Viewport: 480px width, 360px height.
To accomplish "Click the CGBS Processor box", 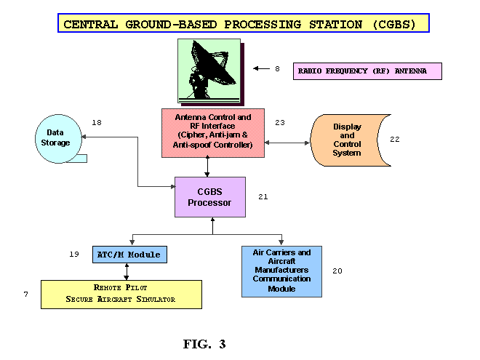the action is [x=210, y=197].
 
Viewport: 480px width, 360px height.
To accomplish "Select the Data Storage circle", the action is [x=58, y=139].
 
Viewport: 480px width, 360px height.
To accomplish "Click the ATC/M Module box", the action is [x=129, y=255].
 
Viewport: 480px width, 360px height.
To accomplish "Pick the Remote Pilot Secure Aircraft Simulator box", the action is [x=121, y=295].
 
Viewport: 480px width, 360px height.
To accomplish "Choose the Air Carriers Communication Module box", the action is [x=281, y=271].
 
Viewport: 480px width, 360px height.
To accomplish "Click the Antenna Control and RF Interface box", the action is [x=213, y=133].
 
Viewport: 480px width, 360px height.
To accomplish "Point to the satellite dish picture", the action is [x=211, y=72].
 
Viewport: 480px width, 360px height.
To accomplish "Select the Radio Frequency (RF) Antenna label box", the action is [x=367, y=71].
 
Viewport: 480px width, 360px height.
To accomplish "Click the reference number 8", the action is [x=277, y=68].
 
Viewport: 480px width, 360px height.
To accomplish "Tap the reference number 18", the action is [x=97, y=122].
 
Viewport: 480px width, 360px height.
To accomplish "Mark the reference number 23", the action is [x=280, y=122].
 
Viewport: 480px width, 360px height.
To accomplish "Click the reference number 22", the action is [x=395, y=140].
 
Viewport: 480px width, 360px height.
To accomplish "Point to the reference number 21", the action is [x=263, y=196].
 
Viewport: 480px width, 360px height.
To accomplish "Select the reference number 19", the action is [x=74, y=254].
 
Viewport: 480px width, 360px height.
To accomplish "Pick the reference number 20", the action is [x=337, y=271].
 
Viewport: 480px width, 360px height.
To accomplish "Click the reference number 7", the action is [x=25, y=295].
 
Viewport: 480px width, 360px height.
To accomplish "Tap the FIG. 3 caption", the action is [x=204, y=344].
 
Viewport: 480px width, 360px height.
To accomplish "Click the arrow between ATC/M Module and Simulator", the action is [x=127, y=271].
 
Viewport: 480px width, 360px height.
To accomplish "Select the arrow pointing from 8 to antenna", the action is [x=261, y=68].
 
